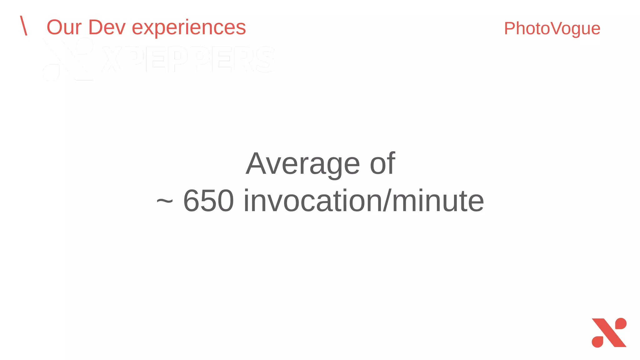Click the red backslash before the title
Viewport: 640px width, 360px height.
point(24,26)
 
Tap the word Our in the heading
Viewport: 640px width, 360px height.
point(64,27)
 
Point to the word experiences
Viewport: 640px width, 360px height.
point(189,28)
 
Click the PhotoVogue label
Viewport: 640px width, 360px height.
point(552,29)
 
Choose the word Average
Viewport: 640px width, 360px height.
point(303,164)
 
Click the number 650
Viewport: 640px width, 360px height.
point(208,201)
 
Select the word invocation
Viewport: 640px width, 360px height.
point(312,201)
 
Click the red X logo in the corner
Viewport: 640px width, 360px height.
point(609,333)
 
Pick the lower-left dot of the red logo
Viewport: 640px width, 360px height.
point(597,342)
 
